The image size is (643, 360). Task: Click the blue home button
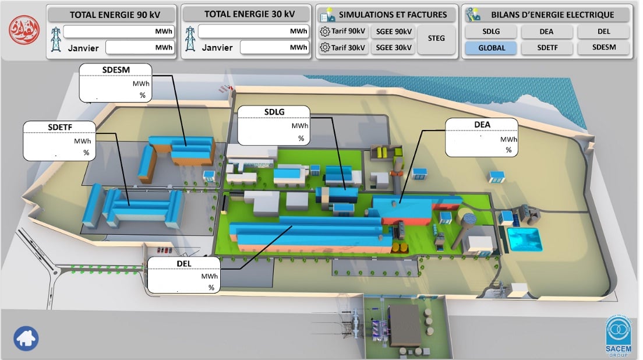click(x=26, y=338)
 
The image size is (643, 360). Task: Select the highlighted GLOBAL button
click(x=491, y=48)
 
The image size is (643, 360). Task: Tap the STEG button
click(x=436, y=38)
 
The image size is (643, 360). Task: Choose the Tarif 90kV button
click(x=343, y=31)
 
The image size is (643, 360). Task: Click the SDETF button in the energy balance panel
click(x=547, y=48)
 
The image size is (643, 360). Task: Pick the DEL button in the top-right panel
click(x=603, y=31)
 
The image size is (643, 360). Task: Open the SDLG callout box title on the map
click(x=274, y=112)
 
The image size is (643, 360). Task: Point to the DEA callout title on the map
click(x=482, y=125)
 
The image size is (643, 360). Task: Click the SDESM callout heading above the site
click(x=116, y=70)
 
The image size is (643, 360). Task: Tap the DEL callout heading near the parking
click(x=183, y=264)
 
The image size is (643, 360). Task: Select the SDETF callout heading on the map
click(x=60, y=128)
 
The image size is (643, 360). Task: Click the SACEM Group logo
click(x=619, y=336)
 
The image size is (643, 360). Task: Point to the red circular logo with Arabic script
click(x=24, y=30)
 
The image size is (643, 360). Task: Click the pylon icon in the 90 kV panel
click(x=56, y=39)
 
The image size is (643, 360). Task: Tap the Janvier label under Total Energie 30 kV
click(x=217, y=48)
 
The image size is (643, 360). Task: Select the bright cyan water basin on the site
click(x=525, y=239)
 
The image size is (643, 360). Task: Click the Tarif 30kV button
click(x=343, y=48)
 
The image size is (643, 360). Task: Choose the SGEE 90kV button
click(x=394, y=31)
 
